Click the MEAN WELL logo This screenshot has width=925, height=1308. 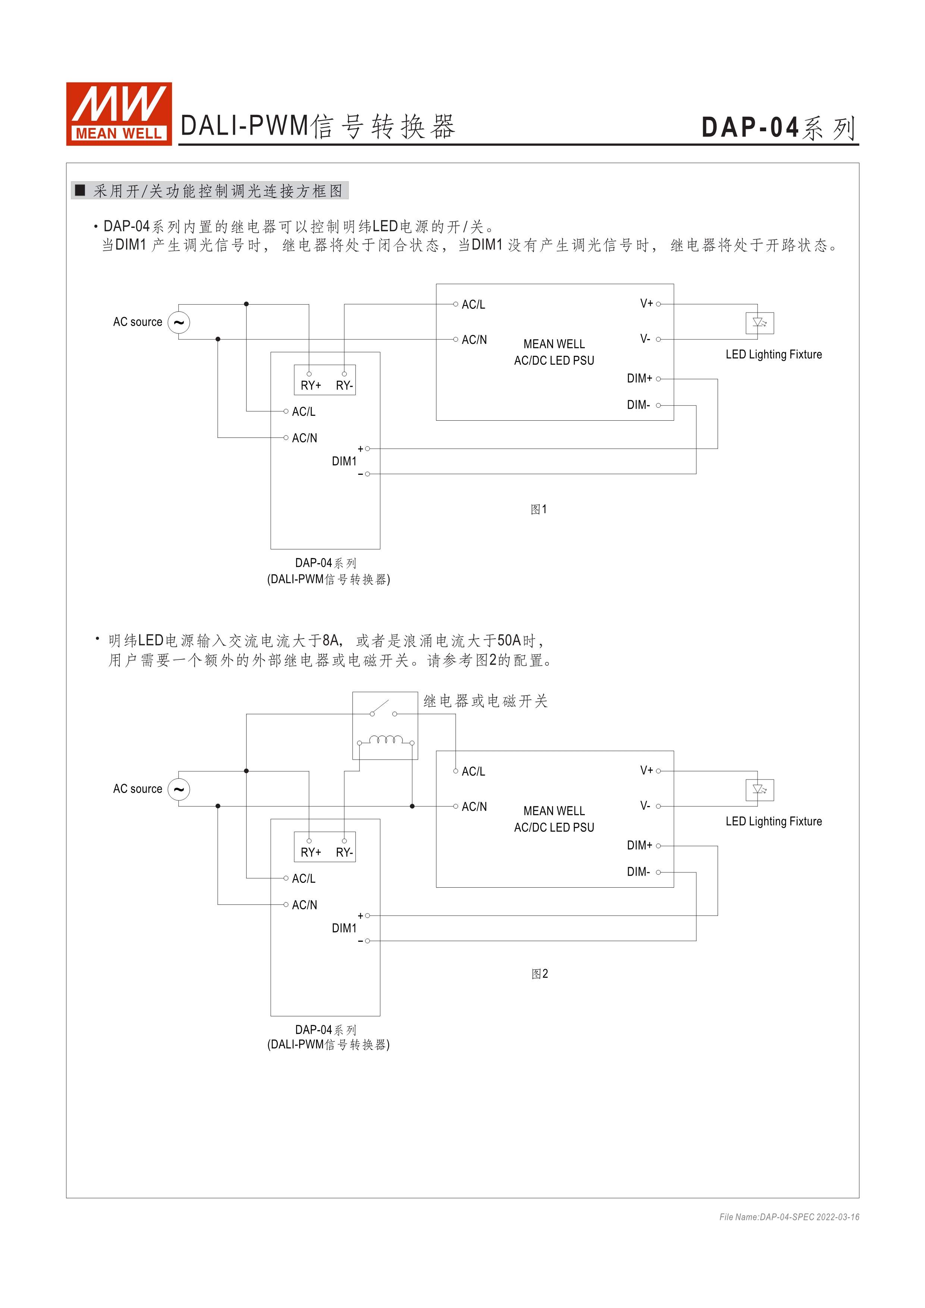click(x=119, y=113)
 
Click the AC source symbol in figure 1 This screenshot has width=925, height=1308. click(x=179, y=323)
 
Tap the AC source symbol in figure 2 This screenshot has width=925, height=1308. click(x=179, y=789)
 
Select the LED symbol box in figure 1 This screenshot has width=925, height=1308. click(x=759, y=323)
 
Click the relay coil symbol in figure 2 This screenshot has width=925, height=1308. click(x=386, y=741)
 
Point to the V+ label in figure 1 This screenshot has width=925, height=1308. click(x=646, y=304)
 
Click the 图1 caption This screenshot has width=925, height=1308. click(x=538, y=509)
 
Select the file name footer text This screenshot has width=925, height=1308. click(x=789, y=1217)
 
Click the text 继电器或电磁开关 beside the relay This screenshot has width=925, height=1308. click(x=485, y=701)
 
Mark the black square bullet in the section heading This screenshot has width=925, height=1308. click(x=80, y=190)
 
